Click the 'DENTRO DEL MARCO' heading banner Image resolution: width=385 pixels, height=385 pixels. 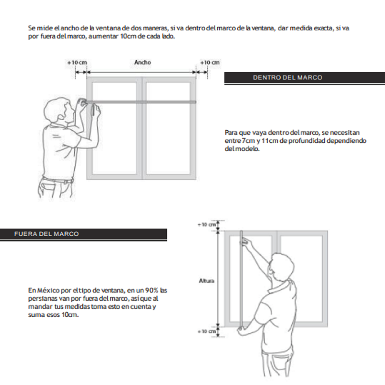287,78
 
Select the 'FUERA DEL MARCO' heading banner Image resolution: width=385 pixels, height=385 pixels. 46,234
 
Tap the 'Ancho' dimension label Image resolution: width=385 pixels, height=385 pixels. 142,62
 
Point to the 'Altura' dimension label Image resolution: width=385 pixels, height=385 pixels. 206,281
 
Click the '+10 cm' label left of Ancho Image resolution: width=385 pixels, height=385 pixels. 77,63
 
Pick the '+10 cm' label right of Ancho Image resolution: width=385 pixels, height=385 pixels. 210,63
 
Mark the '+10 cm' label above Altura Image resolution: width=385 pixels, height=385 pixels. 207,225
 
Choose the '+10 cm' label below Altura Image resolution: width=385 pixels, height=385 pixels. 207,331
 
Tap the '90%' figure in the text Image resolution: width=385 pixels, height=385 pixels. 152,290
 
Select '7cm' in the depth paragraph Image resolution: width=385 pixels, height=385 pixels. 248,141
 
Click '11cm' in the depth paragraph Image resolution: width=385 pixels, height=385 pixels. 270,141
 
